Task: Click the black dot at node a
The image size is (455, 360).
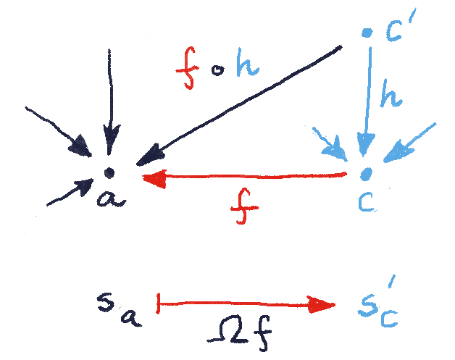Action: coord(109,172)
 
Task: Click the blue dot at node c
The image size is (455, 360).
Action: coord(367,173)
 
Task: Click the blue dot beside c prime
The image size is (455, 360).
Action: coord(367,32)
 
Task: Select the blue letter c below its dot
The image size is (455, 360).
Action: coord(367,201)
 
